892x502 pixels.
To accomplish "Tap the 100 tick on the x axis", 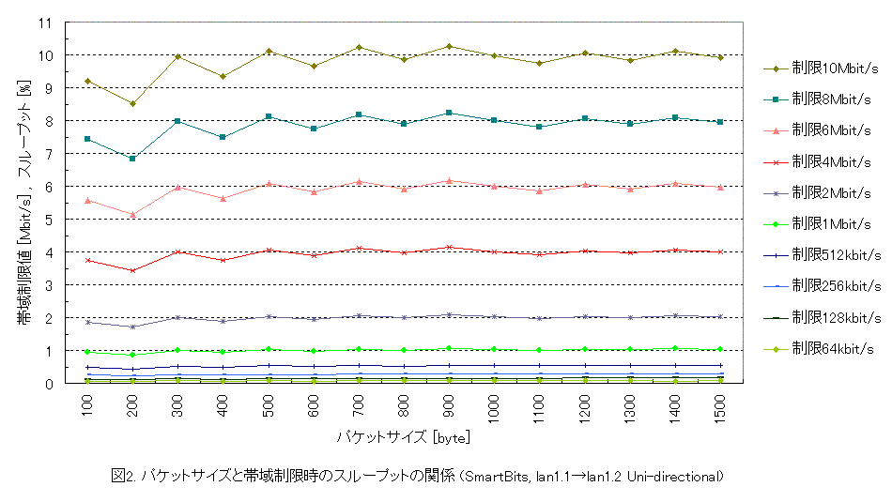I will pyautogui.click(x=87, y=405).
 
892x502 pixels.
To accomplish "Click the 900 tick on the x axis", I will pyautogui.click(x=450, y=405).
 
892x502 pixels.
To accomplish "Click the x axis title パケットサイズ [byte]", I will pyautogui.click(x=403, y=437).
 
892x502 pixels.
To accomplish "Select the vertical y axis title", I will pyautogui.click(x=23, y=202).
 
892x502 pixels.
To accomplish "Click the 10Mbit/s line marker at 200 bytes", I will pyautogui.click(x=132, y=103).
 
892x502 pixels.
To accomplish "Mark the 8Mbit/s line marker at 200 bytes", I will pyautogui.click(x=132, y=159).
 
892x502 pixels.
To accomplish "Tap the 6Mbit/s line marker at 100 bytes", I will pyautogui.click(x=87, y=200).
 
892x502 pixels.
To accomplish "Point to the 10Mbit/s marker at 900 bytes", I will pyautogui.click(x=450, y=46).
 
